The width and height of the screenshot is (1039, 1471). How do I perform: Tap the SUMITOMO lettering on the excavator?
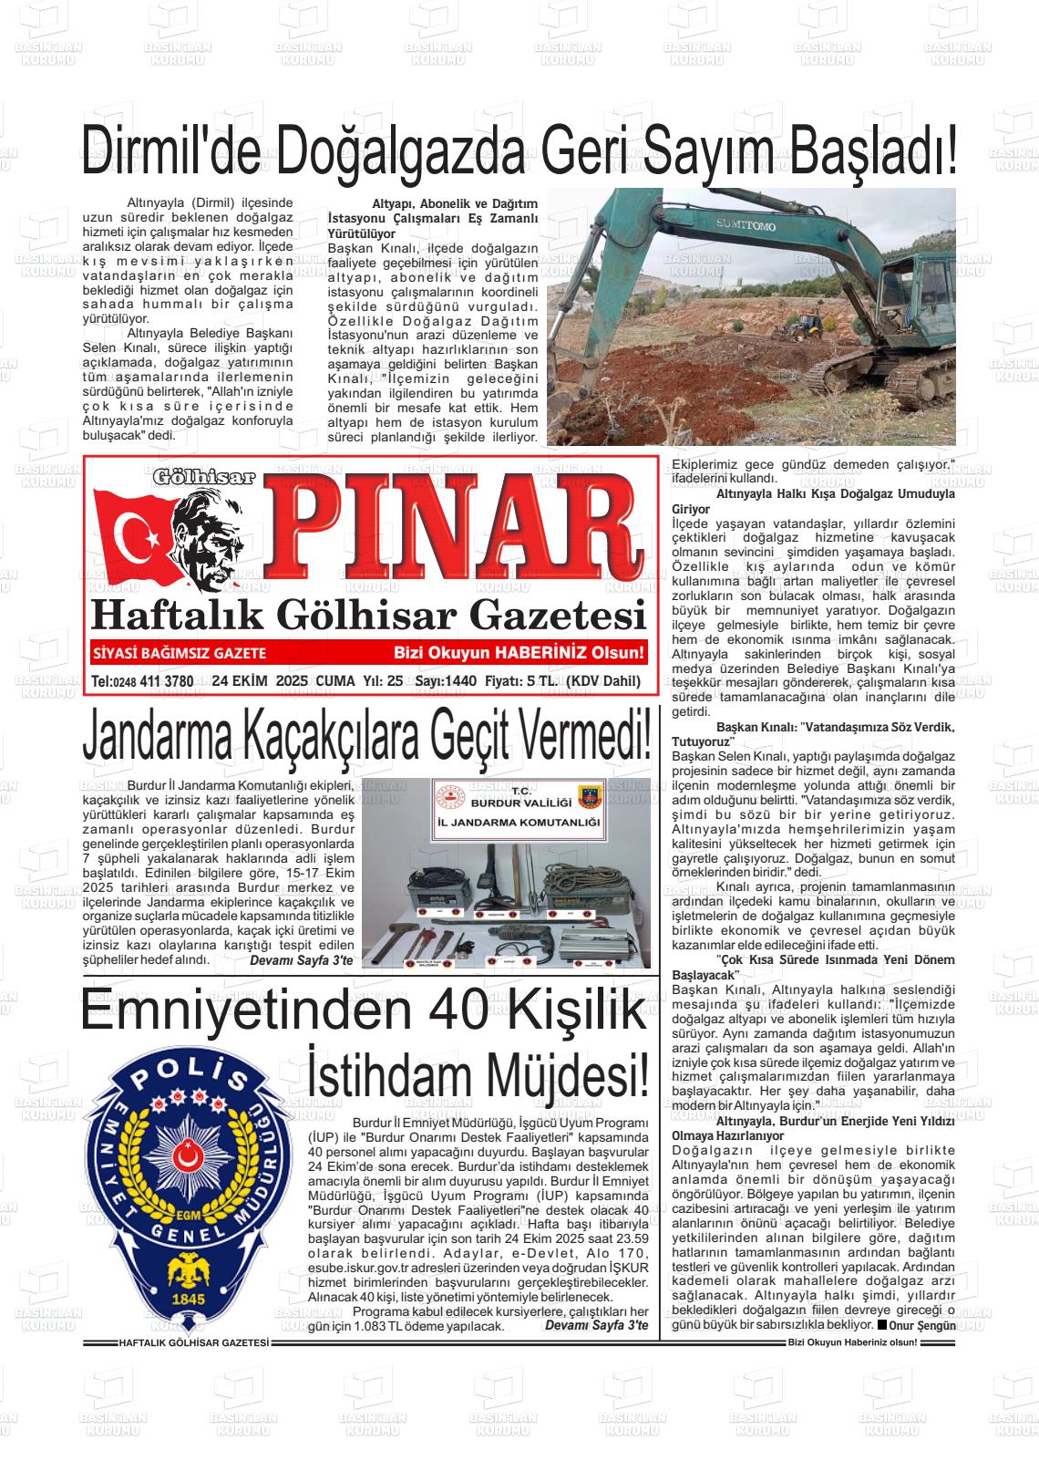coord(745,224)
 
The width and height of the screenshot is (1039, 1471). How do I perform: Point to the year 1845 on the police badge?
coord(190,1298)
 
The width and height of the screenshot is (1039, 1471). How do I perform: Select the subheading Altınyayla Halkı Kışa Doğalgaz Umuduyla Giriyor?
coord(813,501)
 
